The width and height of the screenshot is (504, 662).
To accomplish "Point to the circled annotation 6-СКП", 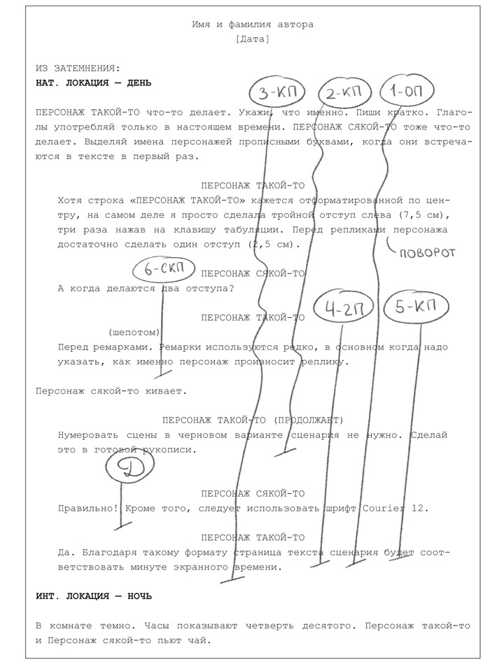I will (x=162, y=268).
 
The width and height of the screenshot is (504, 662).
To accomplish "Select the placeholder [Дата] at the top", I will (x=253, y=39).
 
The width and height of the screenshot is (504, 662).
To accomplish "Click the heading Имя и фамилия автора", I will (x=253, y=25).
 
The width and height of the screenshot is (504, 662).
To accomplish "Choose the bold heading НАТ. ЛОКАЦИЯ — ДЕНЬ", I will (x=94, y=83).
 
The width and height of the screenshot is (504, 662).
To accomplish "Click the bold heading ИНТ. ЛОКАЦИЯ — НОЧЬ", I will (x=94, y=596).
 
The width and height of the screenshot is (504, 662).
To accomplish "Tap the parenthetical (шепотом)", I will (x=134, y=331).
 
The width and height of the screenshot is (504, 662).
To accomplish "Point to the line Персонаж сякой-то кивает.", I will (x=111, y=391).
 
